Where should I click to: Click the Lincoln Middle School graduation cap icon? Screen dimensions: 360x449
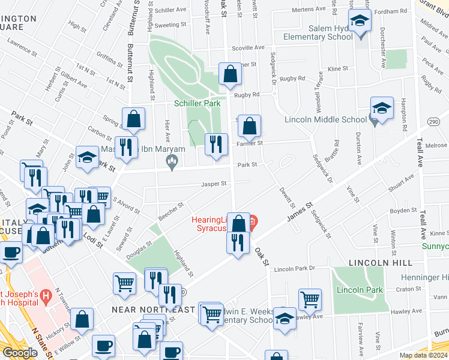[382, 109]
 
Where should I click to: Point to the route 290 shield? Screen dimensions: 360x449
[417, 122]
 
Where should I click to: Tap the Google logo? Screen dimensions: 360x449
[20, 353]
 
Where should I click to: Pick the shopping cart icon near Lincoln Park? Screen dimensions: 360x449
[310, 299]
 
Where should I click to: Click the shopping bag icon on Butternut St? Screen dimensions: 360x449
[134, 119]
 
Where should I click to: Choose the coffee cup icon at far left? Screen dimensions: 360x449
[11, 253]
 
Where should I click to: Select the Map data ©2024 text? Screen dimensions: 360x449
[423, 355]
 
